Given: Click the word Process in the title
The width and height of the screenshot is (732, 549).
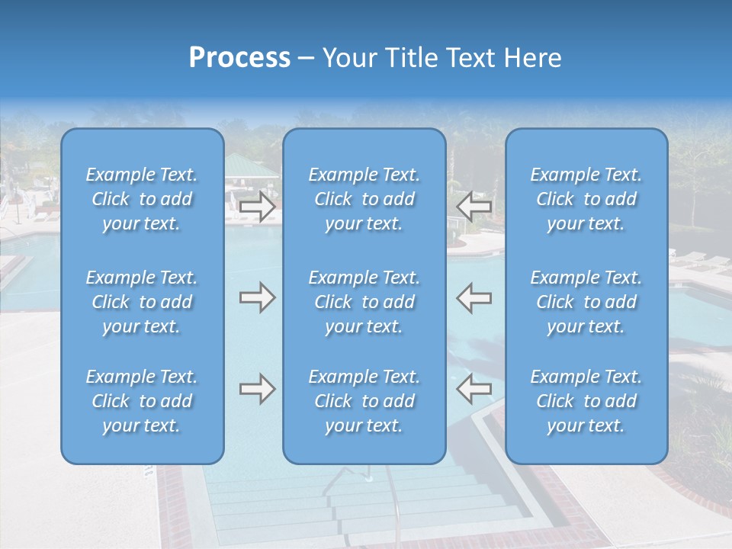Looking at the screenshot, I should click(x=239, y=58).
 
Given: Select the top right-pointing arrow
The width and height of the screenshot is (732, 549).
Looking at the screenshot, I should click(x=257, y=207).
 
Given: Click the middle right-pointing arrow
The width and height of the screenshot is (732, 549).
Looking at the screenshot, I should click(x=257, y=298).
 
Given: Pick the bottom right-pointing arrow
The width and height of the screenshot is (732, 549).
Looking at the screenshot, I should click(x=257, y=390).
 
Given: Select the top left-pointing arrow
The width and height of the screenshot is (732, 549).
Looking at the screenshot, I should click(x=474, y=207).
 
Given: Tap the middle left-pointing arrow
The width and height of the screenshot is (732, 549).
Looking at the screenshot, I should click(x=474, y=298).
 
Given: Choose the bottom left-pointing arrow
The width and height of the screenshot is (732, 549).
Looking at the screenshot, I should click(x=474, y=390).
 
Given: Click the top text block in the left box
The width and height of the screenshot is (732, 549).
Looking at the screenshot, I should click(x=142, y=199).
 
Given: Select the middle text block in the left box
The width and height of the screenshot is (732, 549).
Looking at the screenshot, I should click(x=142, y=302).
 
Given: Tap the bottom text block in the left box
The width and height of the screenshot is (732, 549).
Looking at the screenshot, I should click(x=142, y=401).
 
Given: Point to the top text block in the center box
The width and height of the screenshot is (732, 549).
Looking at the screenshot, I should click(x=364, y=199).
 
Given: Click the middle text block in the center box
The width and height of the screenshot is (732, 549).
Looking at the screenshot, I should click(x=364, y=302).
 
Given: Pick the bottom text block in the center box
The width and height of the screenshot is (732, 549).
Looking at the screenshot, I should click(x=364, y=401).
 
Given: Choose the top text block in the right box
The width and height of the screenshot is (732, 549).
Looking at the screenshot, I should click(x=586, y=199).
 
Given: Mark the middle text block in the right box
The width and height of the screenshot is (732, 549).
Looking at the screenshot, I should click(x=586, y=302).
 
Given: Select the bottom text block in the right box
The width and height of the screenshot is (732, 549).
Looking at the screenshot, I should click(x=586, y=401).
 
